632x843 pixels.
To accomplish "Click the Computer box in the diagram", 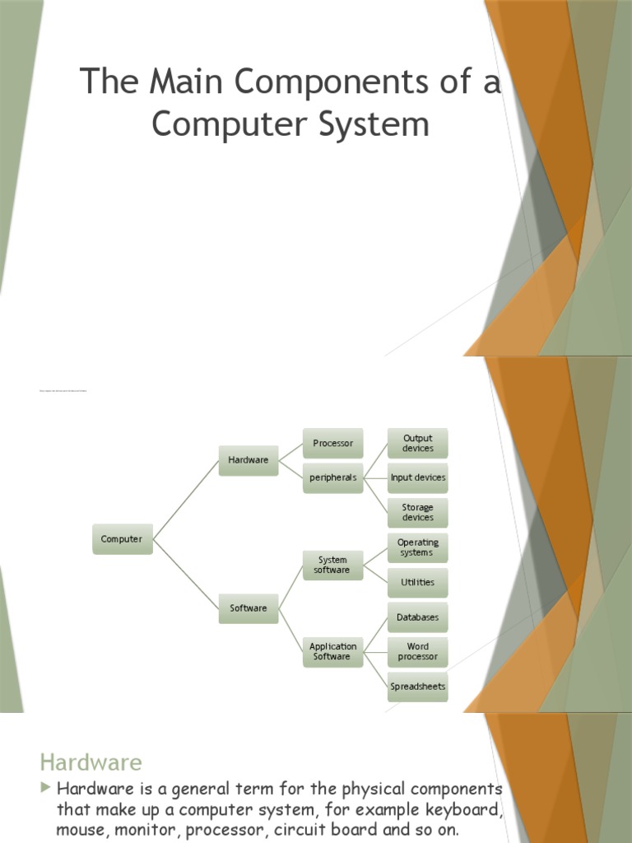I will [x=122, y=539].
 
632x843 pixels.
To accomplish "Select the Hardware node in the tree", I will [x=249, y=460].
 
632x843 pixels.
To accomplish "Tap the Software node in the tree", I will [x=249, y=608].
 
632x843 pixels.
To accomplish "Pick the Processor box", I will [x=332, y=444].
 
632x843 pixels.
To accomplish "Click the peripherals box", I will [x=332, y=477].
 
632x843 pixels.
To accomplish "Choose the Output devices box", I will [x=418, y=443].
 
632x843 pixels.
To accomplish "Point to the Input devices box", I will [x=418, y=477].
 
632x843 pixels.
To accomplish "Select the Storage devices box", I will [x=418, y=512].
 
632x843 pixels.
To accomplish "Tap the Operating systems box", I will [x=418, y=547].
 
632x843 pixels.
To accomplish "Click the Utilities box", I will [x=418, y=582].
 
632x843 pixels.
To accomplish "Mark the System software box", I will [x=332, y=565].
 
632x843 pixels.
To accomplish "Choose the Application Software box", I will [x=332, y=651].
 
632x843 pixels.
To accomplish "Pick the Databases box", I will [x=418, y=617].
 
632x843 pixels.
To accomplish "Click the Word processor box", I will [x=418, y=652].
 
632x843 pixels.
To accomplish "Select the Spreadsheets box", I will [x=418, y=687].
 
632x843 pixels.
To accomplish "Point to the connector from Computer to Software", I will [x=186, y=574].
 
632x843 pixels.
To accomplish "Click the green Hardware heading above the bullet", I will [x=91, y=761].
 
